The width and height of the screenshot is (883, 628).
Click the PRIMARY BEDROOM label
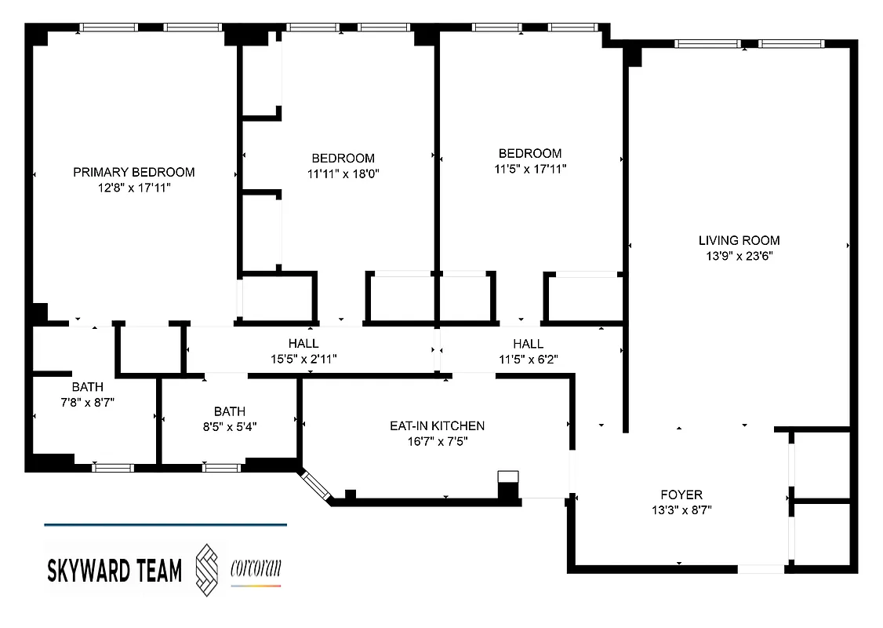pos(133,172)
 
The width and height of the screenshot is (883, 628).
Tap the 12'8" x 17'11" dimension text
pos(133,188)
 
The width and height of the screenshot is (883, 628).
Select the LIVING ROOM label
pos(739,240)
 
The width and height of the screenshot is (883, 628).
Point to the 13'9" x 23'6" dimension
pos(739,256)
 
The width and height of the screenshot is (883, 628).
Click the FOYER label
pos(681,495)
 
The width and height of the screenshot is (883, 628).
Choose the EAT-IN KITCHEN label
pos(437,425)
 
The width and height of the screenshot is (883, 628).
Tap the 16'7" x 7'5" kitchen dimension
pos(437,441)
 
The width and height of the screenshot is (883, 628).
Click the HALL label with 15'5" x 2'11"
pos(303,343)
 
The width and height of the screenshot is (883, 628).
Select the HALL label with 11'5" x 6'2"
pos(528,343)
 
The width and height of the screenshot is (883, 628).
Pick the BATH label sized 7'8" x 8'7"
pos(87,386)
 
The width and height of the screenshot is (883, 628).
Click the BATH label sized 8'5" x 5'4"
pos(229,411)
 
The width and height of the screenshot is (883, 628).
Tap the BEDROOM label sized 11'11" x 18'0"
pos(343,158)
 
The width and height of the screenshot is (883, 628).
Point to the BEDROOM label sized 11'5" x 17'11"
pos(530,153)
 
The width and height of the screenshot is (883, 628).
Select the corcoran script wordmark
pos(256,568)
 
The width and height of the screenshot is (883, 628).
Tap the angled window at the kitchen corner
pos(316,484)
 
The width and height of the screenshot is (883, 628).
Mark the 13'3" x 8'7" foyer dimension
pos(681,509)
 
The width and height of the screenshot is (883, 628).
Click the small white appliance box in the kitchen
pos(508,476)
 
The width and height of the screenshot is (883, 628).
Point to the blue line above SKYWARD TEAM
pos(165,524)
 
